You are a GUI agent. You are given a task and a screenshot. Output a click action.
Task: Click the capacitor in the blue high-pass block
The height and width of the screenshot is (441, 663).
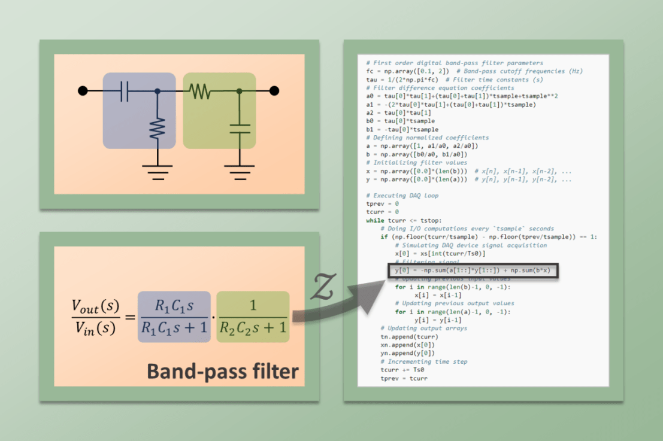click(x=125, y=91)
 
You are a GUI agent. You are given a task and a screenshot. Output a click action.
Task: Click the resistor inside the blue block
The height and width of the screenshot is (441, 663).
click(x=158, y=127)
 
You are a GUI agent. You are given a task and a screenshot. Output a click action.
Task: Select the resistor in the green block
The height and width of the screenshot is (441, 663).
click(x=199, y=91)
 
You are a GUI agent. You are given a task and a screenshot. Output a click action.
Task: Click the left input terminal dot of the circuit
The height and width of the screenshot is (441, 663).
click(x=83, y=91)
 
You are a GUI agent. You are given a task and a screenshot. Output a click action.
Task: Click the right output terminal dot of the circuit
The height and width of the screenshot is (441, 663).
click(x=274, y=91)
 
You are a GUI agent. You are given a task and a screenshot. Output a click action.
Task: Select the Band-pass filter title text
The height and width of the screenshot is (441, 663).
click(x=222, y=372)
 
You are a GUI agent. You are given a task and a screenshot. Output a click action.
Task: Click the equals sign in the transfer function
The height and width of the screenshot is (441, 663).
click(x=128, y=318)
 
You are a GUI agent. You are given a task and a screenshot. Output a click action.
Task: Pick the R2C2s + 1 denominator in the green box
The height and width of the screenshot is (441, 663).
click(x=253, y=329)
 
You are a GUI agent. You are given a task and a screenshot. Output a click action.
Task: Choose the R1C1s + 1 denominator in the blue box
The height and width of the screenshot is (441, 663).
click(x=174, y=329)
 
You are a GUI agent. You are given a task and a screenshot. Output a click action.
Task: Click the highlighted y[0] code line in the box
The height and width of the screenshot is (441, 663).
click(x=473, y=270)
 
